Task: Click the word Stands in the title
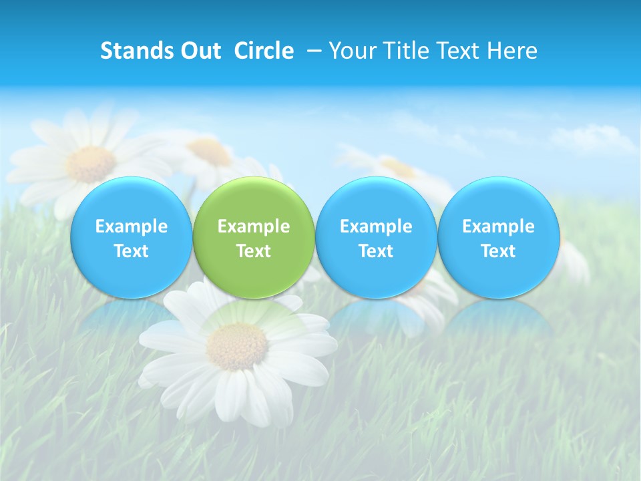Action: (x=132, y=51)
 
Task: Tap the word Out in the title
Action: (x=199, y=51)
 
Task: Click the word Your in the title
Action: (x=352, y=51)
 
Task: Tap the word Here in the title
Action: (x=512, y=51)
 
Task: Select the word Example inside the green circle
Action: (x=254, y=226)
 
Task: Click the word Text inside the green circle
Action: (x=254, y=251)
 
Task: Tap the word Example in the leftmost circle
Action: (x=131, y=226)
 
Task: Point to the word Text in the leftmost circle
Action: (x=131, y=251)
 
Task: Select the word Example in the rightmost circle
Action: (x=499, y=226)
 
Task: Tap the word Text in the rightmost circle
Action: (x=499, y=251)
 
